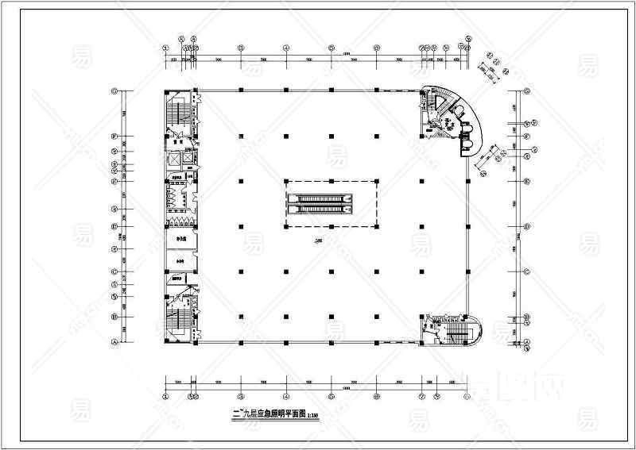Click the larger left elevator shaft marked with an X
tap(173, 158)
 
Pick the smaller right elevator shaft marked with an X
tap(187, 158)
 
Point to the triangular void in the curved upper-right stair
tap(436, 98)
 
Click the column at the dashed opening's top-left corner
tap(285, 182)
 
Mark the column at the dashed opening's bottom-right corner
tap(376, 227)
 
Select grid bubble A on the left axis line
tap(115, 342)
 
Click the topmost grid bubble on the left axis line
tap(115, 90)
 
